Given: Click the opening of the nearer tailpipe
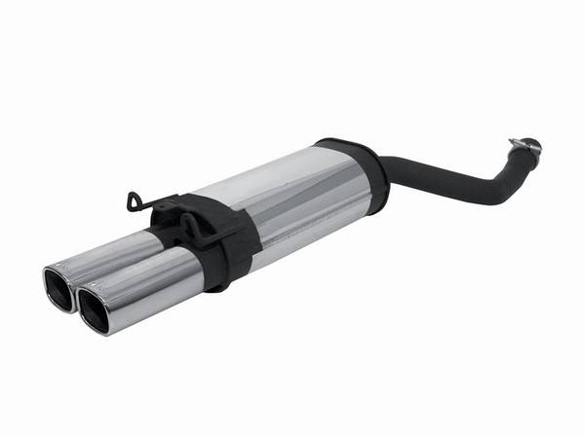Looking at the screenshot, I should pyautogui.click(x=97, y=310).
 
